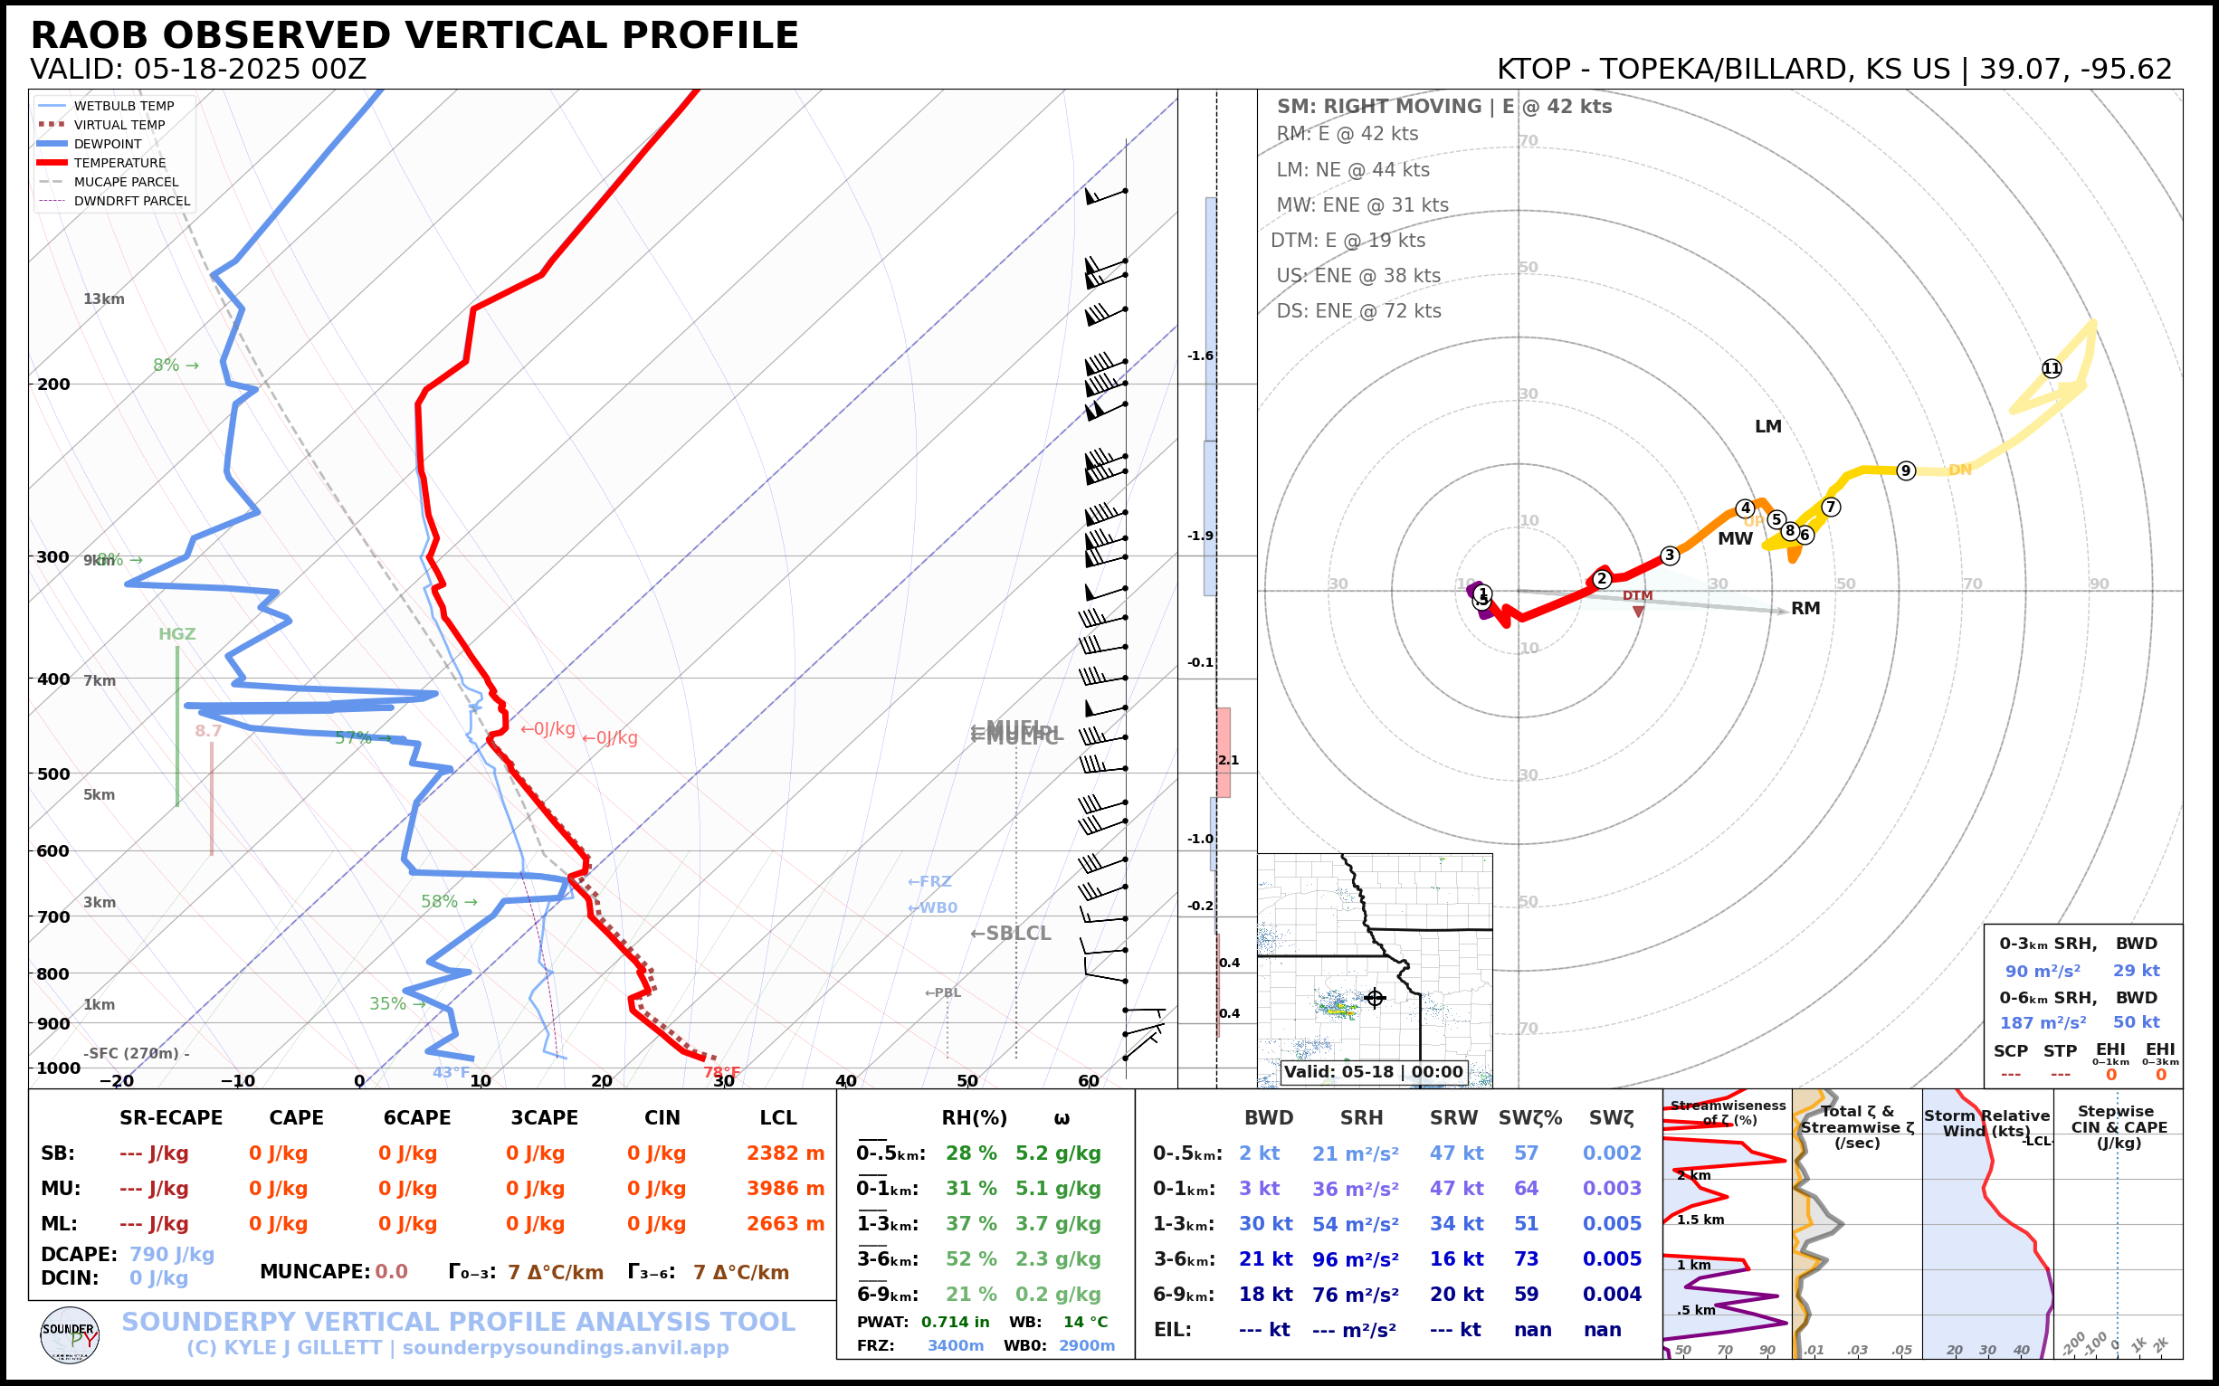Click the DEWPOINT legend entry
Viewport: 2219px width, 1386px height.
pos(108,144)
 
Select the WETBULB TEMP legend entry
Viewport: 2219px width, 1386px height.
pos(124,107)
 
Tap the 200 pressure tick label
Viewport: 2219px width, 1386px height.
pos(53,384)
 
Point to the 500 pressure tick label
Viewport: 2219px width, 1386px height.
pos(53,774)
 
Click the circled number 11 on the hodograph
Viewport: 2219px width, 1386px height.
pos(2052,368)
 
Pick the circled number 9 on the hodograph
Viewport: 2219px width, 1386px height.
pos(1905,470)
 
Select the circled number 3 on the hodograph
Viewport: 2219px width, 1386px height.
pos(1670,555)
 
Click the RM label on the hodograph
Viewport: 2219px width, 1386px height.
pos(1805,608)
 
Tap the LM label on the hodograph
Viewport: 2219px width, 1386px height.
pos(1767,426)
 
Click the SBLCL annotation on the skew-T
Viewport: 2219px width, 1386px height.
pos(1011,933)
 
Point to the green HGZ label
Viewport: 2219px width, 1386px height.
pos(177,634)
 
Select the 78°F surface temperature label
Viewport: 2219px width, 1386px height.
pos(721,1072)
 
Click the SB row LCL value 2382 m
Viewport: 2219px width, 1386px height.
pos(785,1153)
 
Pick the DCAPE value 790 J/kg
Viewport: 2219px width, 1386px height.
pos(171,1254)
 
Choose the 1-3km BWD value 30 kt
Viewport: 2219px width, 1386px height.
pos(1265,1224)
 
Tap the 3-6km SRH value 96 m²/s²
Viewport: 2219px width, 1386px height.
pos(1356,1259)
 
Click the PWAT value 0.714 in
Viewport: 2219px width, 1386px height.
pos(955,1322)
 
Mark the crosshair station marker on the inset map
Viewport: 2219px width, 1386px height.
pos(1375,997)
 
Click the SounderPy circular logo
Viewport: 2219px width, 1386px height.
pos(70,1334)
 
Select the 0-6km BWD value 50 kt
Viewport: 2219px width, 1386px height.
pos(2136,1022)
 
